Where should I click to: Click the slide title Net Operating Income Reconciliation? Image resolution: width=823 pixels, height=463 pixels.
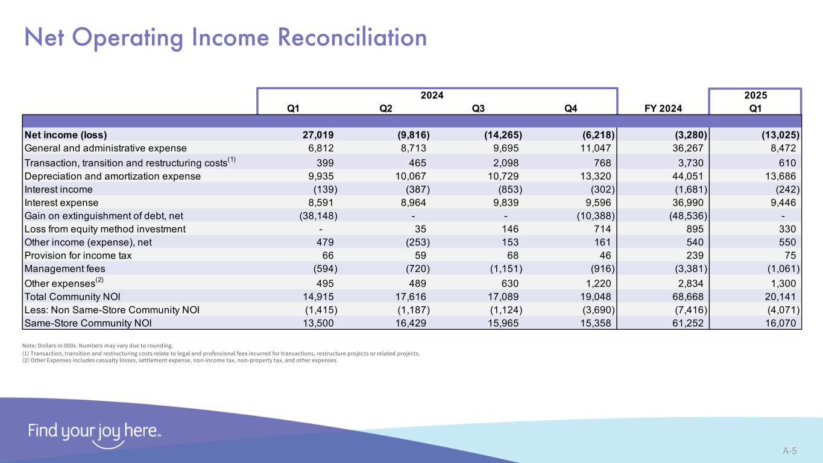pyautogui.click(x=225, y=37)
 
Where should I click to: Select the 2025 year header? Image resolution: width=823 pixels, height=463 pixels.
pyautogui.click(x=755, y=95)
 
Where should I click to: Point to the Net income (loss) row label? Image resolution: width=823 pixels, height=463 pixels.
pyautogui.click(x=69, y=134)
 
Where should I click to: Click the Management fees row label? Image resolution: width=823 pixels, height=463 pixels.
pyautogui.click(x=62, y=269)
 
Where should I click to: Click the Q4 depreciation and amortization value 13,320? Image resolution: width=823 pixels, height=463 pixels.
pyautogui.click(x=595, y=176)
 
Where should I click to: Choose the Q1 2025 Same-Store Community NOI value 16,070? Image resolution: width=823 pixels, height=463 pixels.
pyautogui.click(x=778, y=323)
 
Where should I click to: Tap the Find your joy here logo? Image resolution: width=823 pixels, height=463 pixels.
pyautogui.click(x=94, y=433)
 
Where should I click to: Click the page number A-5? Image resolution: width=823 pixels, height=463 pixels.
pyautogui.click(x=789, y=450)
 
